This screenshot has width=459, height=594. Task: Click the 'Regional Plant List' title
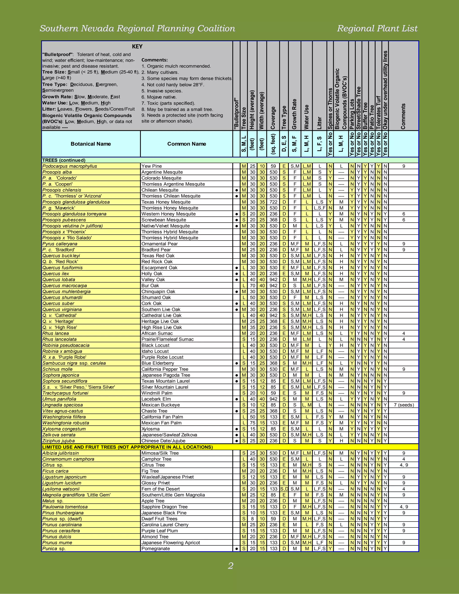(x=377, y=28)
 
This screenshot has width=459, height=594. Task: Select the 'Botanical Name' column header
(x=91, y=144)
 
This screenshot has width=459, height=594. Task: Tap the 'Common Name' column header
(x=186, y=144)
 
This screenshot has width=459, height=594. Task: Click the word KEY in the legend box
(x=137, y=46)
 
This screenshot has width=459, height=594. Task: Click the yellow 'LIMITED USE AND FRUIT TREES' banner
(x=127, y=447)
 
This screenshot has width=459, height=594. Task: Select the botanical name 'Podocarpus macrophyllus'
(x=70, y=166)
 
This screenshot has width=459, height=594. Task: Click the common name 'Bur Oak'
(x=150, y=286)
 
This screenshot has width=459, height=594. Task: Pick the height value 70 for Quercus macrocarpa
(x=253, y=286)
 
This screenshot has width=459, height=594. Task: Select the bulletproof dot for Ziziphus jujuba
(x=237, y=441)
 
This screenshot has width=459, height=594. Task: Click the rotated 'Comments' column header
(x=403, y=116)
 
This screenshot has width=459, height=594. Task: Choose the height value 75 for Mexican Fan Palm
(x=253, y=423)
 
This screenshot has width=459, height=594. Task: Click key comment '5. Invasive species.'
(x=162, y=91)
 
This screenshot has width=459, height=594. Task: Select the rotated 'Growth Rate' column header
(x=294, y=114)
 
